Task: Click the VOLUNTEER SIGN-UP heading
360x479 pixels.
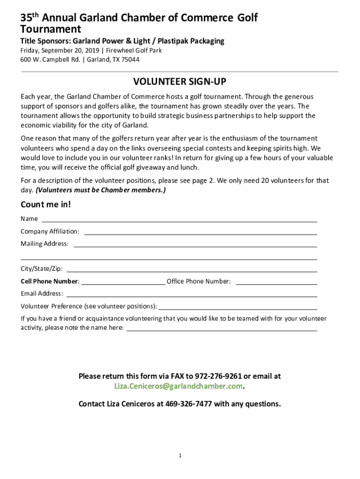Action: pyautogui.click(x=180, y=82)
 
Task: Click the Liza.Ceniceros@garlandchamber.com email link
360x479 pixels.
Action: pyautogui.click(x=179, y=386)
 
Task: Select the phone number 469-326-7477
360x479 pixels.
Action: pyautogui.click(x=189, y=404)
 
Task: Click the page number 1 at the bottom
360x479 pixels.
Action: pyautogui.click(x=180, y=456)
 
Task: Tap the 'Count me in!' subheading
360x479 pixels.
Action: pyautogui.click(x=46, y=205)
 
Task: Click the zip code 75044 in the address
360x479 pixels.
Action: pyautogui.click(x=130, y=59)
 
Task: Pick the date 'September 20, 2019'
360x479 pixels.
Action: pyautogui.click(x=71, y=51)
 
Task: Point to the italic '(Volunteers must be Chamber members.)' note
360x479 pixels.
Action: pyautogui.click(x=101, y=190)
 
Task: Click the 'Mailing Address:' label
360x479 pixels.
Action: pyautogui.click(x=44, y=244)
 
